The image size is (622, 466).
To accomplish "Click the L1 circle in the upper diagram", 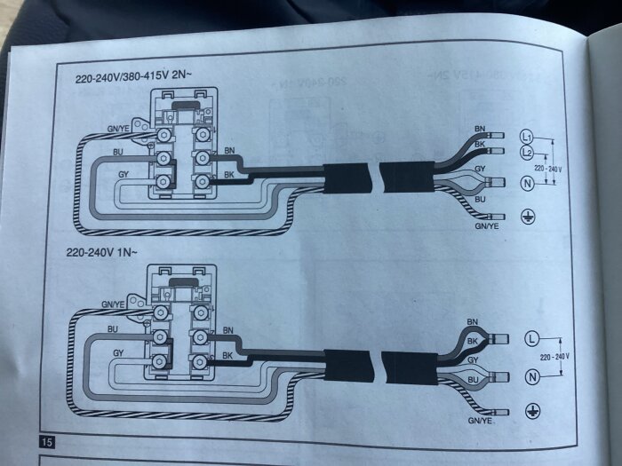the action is pyautogui.click(x=526, y=137).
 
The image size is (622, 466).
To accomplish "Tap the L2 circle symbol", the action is pyautogui.click(x=526, y=152).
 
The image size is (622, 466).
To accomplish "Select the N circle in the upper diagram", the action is pyautogui.click(x=527, y=184).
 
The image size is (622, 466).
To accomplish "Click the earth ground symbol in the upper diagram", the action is pyautogui.click(x=528, y=217).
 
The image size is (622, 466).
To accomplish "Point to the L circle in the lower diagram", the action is pyautogui.click(x=532, y=339).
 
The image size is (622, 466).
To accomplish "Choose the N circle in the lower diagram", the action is pyautogui.click(x=532, y=376).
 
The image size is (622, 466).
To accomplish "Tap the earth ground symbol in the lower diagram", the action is pyautogui.click(x=532, y=411).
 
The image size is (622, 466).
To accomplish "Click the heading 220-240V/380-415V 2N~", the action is pyautogui.click(x=133, y=76).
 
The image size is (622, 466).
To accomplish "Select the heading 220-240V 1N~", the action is pyautogui.click(x=101, y=252).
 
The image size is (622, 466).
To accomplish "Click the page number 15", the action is pyautogui.click(x=47, y=442).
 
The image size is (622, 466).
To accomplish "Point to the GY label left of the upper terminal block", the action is pyautogui.click(x=124, y=174).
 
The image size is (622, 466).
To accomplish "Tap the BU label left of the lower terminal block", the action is pyautogui.click(x=113, y=329).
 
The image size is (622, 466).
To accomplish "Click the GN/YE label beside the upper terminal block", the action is pyautogui.click(x=118, y=129).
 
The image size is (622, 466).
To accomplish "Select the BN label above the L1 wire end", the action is pyautogui.click(x=480, y=129).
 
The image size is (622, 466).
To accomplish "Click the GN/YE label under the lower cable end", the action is pyautogui.click(x=480, y=421).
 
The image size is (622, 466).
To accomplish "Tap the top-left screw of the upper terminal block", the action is pyautogui.click(x=163, y=135).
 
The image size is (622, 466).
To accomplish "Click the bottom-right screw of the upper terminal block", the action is pyautogui.click(x=202, y=181).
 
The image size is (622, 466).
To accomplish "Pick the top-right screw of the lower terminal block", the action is pyautogui.click(x=200, y=313).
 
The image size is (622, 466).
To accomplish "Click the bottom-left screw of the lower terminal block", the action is pyautogui.click(x=160, y=360).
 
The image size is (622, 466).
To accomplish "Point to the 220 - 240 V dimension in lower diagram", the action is pyautogui.click(x=554, y=357).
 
